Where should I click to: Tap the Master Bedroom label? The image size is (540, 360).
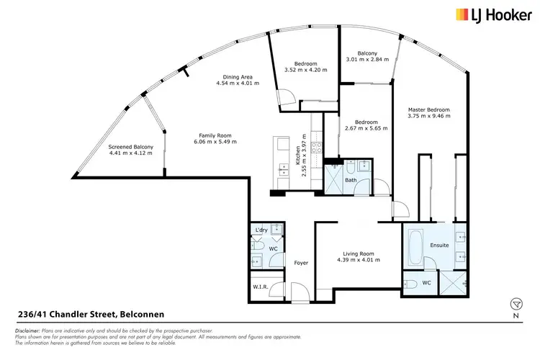[x=428, y=110]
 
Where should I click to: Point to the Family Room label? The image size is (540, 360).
[x=215, y=135]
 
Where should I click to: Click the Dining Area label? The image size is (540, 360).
[x=238, y=76]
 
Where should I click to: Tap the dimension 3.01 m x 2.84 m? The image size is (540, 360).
[x=367, y=60]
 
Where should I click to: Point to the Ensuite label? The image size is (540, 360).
[x=440, y=246]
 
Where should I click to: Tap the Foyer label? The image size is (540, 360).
[x=301, y=263]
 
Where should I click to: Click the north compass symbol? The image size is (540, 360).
[x=514, y=303]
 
